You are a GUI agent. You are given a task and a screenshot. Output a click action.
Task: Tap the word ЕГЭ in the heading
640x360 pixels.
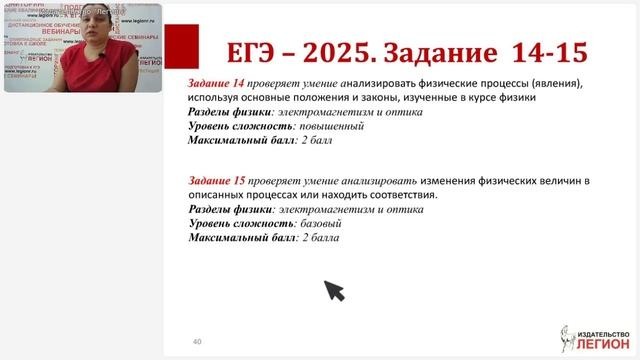click(x=236, y=51)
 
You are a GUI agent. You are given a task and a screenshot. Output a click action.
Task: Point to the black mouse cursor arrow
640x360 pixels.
click(x=333, y=290)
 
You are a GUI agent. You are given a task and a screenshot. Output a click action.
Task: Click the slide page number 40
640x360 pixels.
click(x=197, y=341)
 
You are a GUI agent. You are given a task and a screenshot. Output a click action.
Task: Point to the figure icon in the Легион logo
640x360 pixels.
click(x=567, y=338)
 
